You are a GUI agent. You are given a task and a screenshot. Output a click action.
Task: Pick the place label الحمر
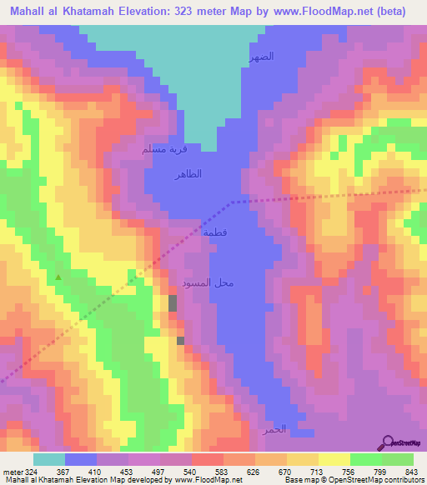(275, 429)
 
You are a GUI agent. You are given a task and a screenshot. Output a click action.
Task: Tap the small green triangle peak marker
(58, 277)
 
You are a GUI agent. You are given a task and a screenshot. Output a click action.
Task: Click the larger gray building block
(172, 303)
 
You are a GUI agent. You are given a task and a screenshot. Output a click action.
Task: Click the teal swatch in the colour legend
(48, 459)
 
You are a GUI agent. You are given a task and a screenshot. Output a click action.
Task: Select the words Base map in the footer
(299, 479)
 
